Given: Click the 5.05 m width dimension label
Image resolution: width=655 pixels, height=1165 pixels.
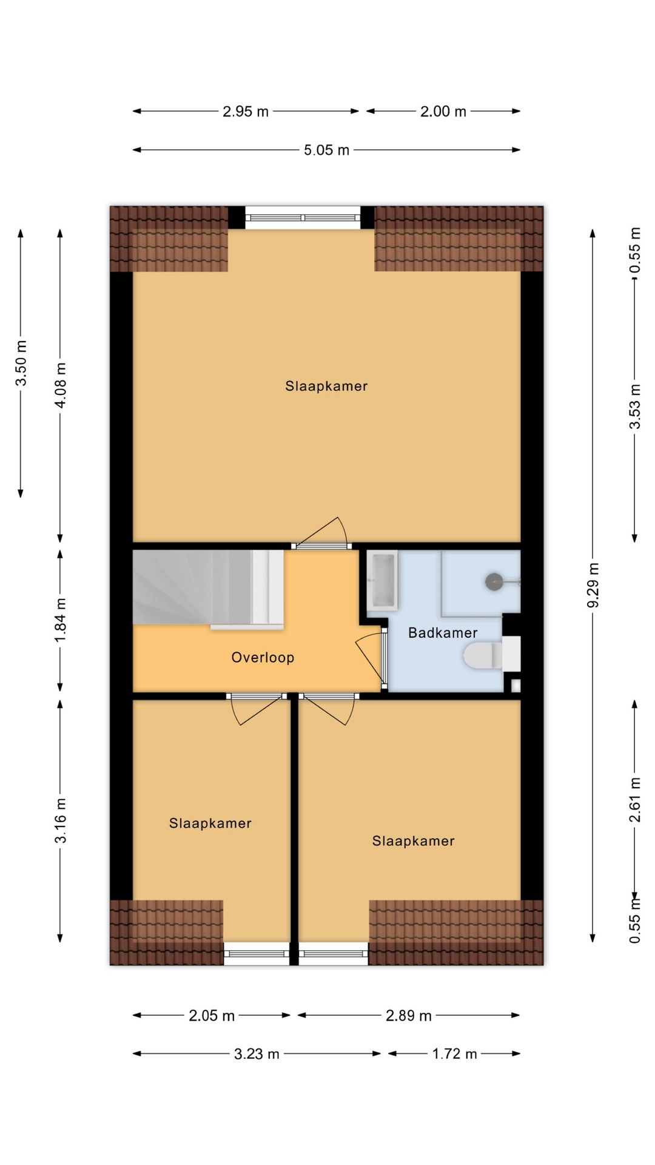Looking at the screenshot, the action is click(x=326, y=150).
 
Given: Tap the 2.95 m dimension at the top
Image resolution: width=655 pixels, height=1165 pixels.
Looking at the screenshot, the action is click(x=246, y=112).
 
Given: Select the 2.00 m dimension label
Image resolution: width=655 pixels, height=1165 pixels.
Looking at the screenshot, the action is click(x=443, y=112).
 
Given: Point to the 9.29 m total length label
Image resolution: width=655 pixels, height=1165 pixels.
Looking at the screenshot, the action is click(x=593, y=585).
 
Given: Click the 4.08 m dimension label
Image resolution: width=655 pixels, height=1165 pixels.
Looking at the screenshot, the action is click(x=60, y=385).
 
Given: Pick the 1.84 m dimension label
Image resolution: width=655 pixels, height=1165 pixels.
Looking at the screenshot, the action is click(x=60, y=621).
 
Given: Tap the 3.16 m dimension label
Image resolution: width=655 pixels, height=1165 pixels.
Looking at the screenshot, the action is click(x=60, y=821).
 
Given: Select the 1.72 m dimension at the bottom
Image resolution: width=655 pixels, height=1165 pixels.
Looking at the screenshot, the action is click(x=454, y=1054).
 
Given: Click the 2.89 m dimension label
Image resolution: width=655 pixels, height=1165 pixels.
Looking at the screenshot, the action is click(x=409, y=1016).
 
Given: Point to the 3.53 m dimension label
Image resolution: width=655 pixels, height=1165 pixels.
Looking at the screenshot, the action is click(x=634, y=407).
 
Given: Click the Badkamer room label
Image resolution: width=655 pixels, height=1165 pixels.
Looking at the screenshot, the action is click(x=443, y=633).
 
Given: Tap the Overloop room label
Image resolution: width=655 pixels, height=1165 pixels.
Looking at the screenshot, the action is click(x=263, y=657).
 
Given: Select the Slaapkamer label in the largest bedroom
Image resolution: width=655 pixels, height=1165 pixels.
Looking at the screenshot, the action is click(x=326, y=386).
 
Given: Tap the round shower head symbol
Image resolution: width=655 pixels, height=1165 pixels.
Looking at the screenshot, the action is click(x=494, y=581).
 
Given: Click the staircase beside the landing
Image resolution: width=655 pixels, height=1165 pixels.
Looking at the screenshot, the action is click(x=208, y=587).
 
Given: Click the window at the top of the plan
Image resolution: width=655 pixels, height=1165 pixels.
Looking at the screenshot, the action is click(x=303, y=217).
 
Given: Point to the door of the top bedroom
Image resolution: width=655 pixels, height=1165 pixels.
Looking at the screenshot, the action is click(x=321, y=533).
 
